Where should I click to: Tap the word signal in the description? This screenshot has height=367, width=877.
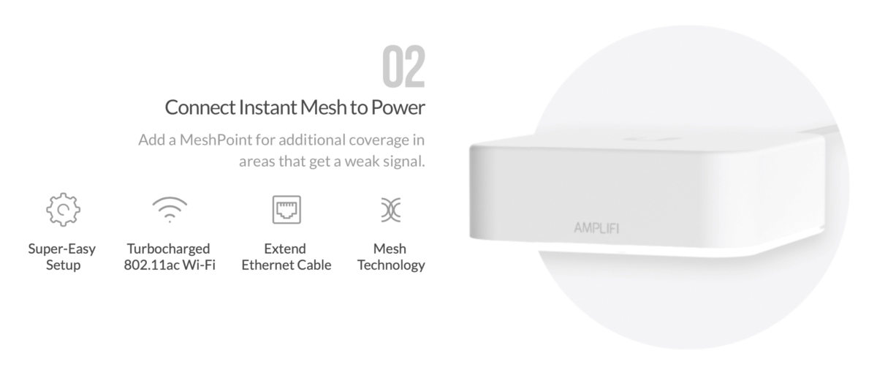coord(404,160)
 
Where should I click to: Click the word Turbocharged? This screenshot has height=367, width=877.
coord(168,249)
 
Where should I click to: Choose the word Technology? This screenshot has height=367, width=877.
coord(391,265)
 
